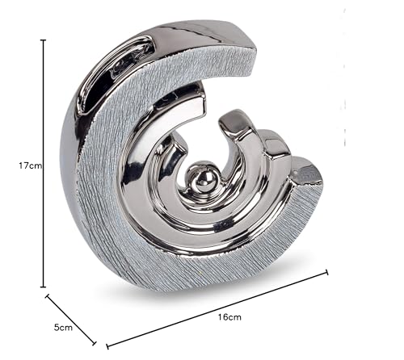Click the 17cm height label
pos(31,165)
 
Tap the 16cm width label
pos(229,317)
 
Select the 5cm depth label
pos(63,328)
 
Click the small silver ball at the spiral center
pos(202,178)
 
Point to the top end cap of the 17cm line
pos(43,40)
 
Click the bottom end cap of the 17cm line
pos(43,287)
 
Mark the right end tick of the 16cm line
pos(327,272)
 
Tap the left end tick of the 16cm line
pos(107,346)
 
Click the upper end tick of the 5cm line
pos(48,295)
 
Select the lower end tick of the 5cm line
pos(95,343)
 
